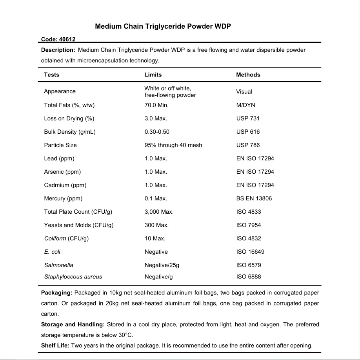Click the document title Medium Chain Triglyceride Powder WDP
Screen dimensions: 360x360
pyautogui.click(x=163, y=27)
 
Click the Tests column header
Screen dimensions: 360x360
pyautogui.click(x=52, y=75)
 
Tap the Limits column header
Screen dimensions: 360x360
pyautogui.click(x=153, y=75)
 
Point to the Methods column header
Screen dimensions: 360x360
pyautogui.click(x=248, y=75)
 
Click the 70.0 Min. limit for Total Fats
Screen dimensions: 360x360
pyautogui.click(x=156, y=105)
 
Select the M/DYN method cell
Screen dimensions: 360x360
pyautogui.click(x=245, y=105)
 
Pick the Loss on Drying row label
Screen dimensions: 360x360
pyautogui.click(x=69, y=118)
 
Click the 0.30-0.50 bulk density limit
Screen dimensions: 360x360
pyautogui.click(x=157, y=132)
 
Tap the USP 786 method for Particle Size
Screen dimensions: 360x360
pyautogui.click(x=248, y=145)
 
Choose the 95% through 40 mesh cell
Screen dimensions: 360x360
pyautogui.click(x=173, y=145)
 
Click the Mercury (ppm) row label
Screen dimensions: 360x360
pyautogui.click(x=63, y=198)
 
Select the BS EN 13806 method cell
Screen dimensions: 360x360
pyautogui.click(x=254, y=198)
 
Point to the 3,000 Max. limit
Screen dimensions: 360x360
pyautogui.click(x=159, y=212)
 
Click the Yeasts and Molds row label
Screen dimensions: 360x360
pyautogui.click(x=79, y=225)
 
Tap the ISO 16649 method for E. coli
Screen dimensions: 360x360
pyautogui.click(x=250, y=252)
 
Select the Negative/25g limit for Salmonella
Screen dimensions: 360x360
pyautogui.click(x=162, y=265)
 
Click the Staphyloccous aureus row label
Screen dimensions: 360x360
pyautogui.click(x=73, y=277)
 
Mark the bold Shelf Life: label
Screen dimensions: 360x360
pyautogui.click(x=55, y=345)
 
